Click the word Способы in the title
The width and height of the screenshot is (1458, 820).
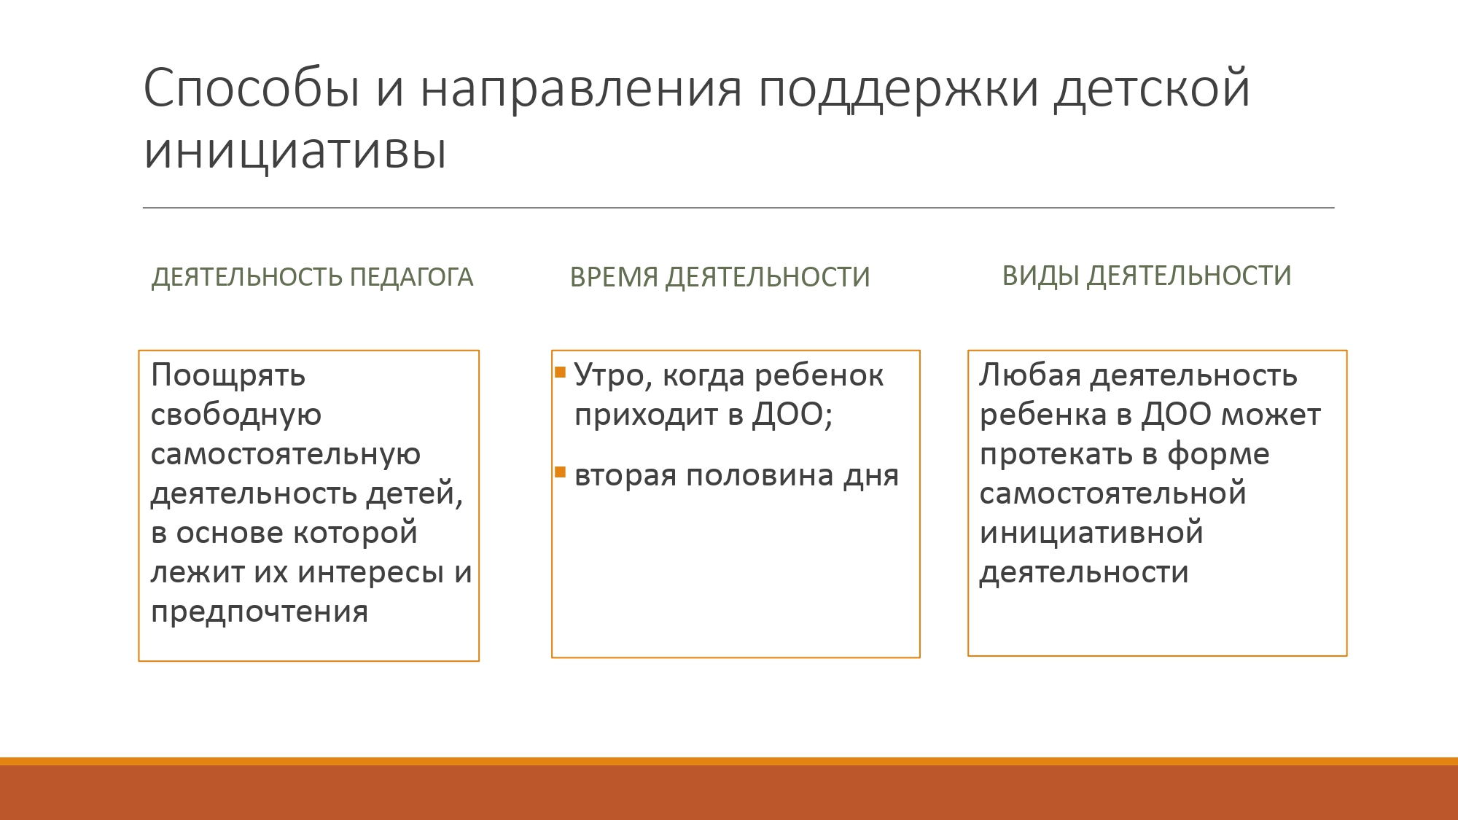[x=252, y=89]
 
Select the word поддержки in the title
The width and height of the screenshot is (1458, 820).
[x=898, y=91]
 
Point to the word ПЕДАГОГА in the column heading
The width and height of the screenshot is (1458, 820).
[x=411, y=278]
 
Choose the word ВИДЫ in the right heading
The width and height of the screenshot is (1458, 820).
[x=1040, y=276]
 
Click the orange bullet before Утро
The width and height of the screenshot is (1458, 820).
[x=560, y=372]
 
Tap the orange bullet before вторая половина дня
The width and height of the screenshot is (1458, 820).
[x=560, y=472]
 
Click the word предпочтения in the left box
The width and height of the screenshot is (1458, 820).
[x=260, y=612]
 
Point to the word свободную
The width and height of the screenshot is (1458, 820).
[x=236, y=415]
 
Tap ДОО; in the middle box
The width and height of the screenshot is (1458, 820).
[x=792, y=415]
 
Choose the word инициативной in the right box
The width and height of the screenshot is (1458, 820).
[x=1091, y=534]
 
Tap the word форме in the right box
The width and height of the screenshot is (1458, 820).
[x=1218, y=455]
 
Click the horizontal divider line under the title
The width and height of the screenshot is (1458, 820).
[x=738, y=208]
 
